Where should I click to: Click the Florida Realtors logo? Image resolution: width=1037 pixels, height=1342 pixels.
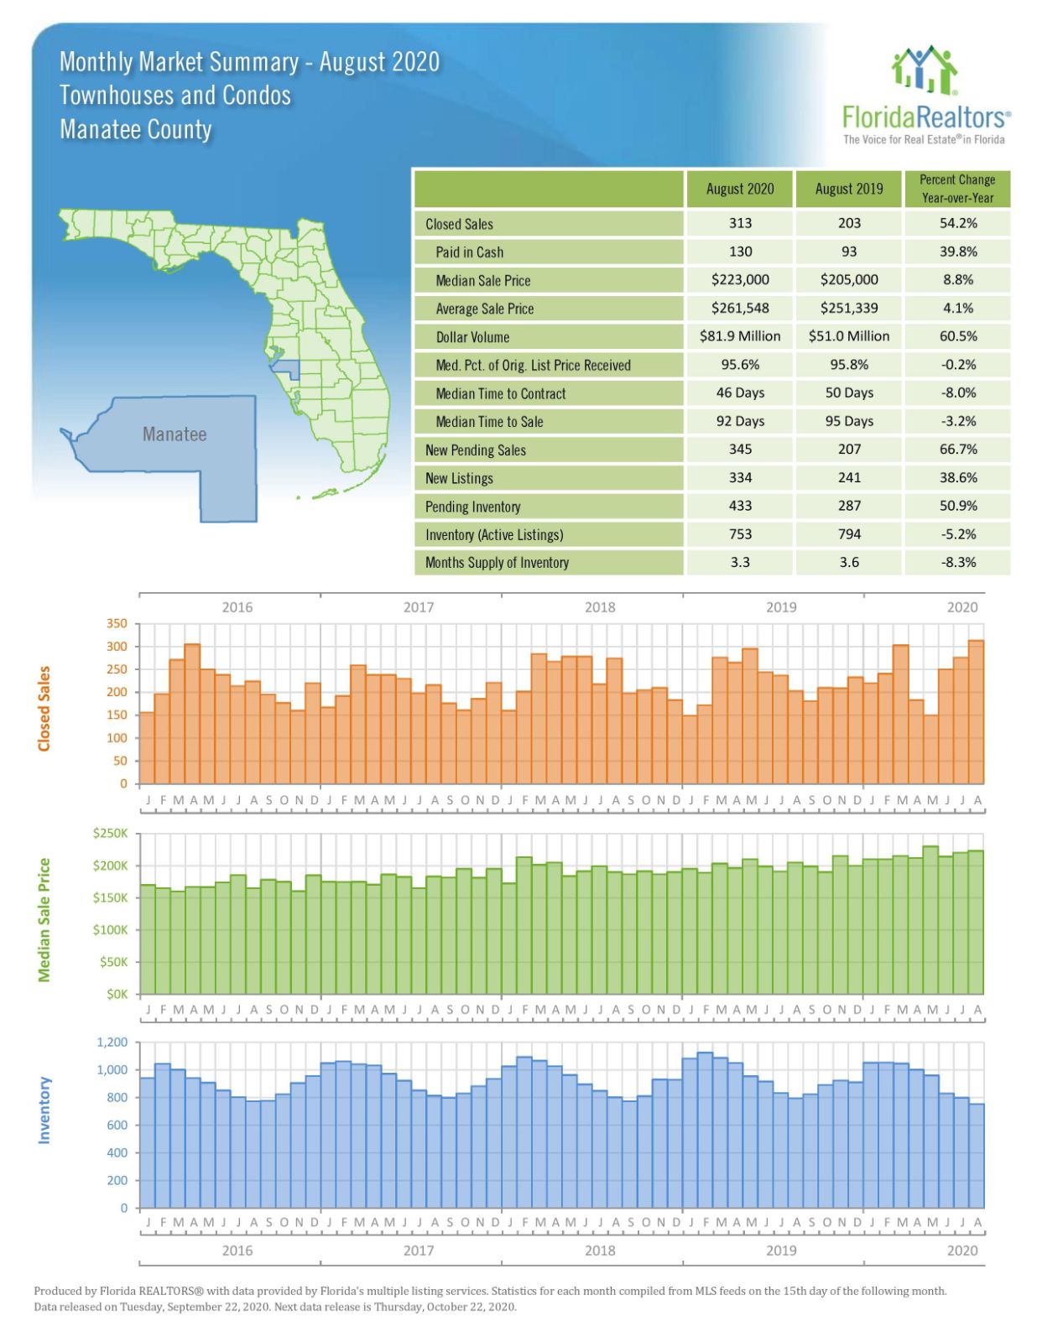pyautogui.click(x=925, y=96)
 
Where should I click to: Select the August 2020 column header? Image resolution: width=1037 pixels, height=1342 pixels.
pyautogui.click(x=739, y=189)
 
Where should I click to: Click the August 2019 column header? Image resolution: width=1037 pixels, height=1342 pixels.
pyautogui.click(x=848, y=189)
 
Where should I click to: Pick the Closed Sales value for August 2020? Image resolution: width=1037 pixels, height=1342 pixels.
pyautogui.click(x=739, y=223)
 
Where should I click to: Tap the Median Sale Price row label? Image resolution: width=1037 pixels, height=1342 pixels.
pyautogui.click(x=482, y=280)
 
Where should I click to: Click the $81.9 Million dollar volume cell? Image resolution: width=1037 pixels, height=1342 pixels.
pyautogui.click(x=739, y=336)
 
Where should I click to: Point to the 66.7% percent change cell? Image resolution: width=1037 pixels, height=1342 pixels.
pyautogui.click(x=957, y=450)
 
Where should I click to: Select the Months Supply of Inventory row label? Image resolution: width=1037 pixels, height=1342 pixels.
pyautogui.click(x=497, y=563)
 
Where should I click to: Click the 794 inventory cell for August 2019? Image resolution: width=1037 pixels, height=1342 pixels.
pyautogui.click(x=848, y=534)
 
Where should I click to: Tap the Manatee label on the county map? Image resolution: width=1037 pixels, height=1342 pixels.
pyautogui.click(x=174, y=434)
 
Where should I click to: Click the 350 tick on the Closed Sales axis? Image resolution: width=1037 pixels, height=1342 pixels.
pyautogui.click(x=117, y=624)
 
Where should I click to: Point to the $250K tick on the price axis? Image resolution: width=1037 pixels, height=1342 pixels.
pyautogui.click(x=111, y=834)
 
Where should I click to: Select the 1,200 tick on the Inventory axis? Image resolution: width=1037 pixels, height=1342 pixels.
pyautogui.click(x=112, y=1043)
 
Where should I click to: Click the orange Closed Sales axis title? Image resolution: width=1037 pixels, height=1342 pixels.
pyautogui.click(x=44, y=709)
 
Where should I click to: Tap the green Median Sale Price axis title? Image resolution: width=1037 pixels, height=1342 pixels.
pyautogui.click(x=44, y=919)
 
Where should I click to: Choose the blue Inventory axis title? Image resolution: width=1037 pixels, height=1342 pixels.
pyautogui.click(x=44, y=1110)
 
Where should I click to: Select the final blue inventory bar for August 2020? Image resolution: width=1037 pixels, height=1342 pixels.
pyautogui.click(x=977, y=1157)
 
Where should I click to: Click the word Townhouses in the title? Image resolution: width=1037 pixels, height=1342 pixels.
pyautogui.click(x=118, y=96)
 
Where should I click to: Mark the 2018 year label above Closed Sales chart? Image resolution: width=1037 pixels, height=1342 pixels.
pyautogui.click(x=599, y=607)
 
